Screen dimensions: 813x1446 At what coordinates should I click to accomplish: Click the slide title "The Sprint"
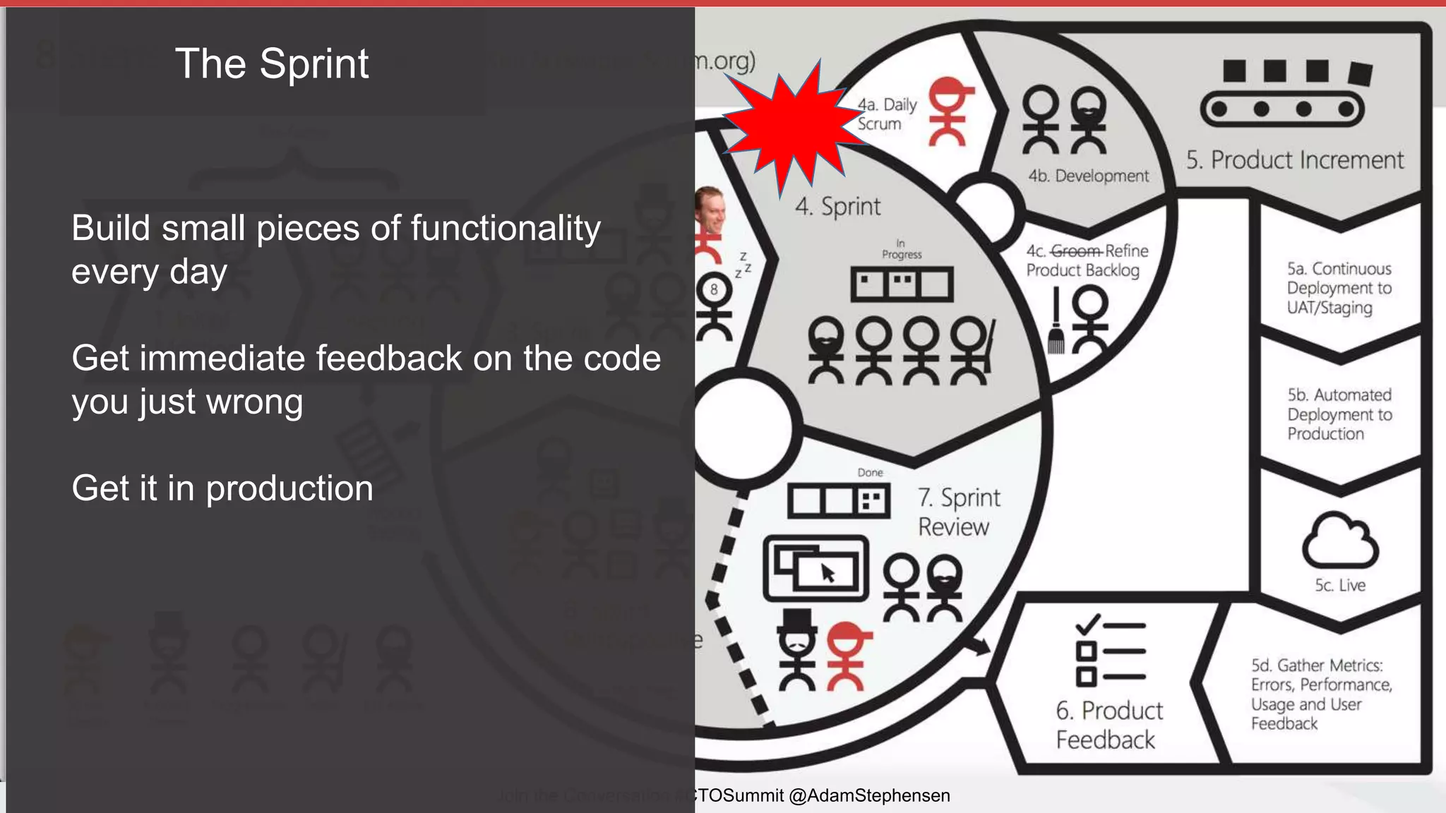(272, 64)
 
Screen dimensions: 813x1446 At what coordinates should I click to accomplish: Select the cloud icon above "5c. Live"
(1339, 541)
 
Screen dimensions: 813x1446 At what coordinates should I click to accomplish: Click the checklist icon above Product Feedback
(1109, 651)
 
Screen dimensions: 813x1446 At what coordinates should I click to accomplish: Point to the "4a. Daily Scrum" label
(887, 114)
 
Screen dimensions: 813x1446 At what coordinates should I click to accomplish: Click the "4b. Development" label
(1088, 176)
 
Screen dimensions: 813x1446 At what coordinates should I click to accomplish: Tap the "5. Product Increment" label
(1295, 160)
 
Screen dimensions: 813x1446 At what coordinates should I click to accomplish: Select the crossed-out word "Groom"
(1076, 251)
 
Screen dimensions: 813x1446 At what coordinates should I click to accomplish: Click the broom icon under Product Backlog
(1056, 323)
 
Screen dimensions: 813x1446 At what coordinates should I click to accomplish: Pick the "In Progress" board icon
(902, 284)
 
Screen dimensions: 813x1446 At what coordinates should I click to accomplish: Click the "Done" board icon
(839, 500)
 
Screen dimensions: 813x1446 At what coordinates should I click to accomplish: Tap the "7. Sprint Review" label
(958, 512)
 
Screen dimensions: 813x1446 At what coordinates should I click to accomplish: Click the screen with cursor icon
(816, 568)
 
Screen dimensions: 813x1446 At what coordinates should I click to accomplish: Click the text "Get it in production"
(222, 488)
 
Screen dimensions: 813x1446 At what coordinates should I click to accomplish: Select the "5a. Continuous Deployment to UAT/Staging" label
(1339, 288)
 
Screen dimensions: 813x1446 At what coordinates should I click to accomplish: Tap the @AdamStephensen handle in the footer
(869, 795)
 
